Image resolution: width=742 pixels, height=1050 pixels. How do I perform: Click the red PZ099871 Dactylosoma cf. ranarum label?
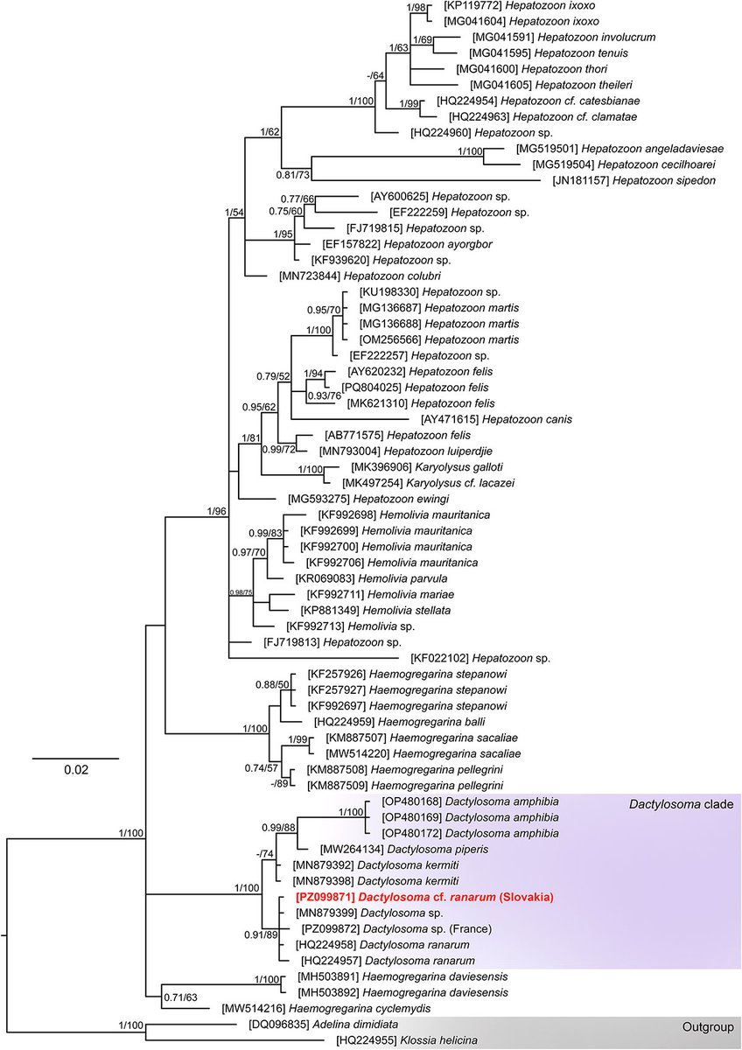pos(424,897)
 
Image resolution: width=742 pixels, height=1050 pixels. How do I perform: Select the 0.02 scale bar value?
pos(76,770)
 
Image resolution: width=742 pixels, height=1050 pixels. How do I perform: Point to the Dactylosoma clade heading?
pos(681,804)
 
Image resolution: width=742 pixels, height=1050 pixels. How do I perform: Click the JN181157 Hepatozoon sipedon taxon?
pos(634,180)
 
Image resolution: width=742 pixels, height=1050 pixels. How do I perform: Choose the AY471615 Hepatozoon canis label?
pos(497,419)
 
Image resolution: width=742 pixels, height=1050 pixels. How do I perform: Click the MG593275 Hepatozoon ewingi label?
pos(368,499)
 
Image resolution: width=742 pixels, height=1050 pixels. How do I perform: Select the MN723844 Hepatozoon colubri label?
pos(360,276)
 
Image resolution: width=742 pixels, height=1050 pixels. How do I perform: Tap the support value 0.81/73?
pos(293,175)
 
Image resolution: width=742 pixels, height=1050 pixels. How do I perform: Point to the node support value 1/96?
pos(216,511)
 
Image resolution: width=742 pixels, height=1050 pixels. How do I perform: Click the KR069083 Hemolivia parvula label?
pos(371,578)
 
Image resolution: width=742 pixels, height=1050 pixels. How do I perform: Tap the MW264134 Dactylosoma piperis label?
pos(404,850)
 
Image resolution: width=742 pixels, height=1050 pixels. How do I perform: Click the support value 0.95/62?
pos(259,407)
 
